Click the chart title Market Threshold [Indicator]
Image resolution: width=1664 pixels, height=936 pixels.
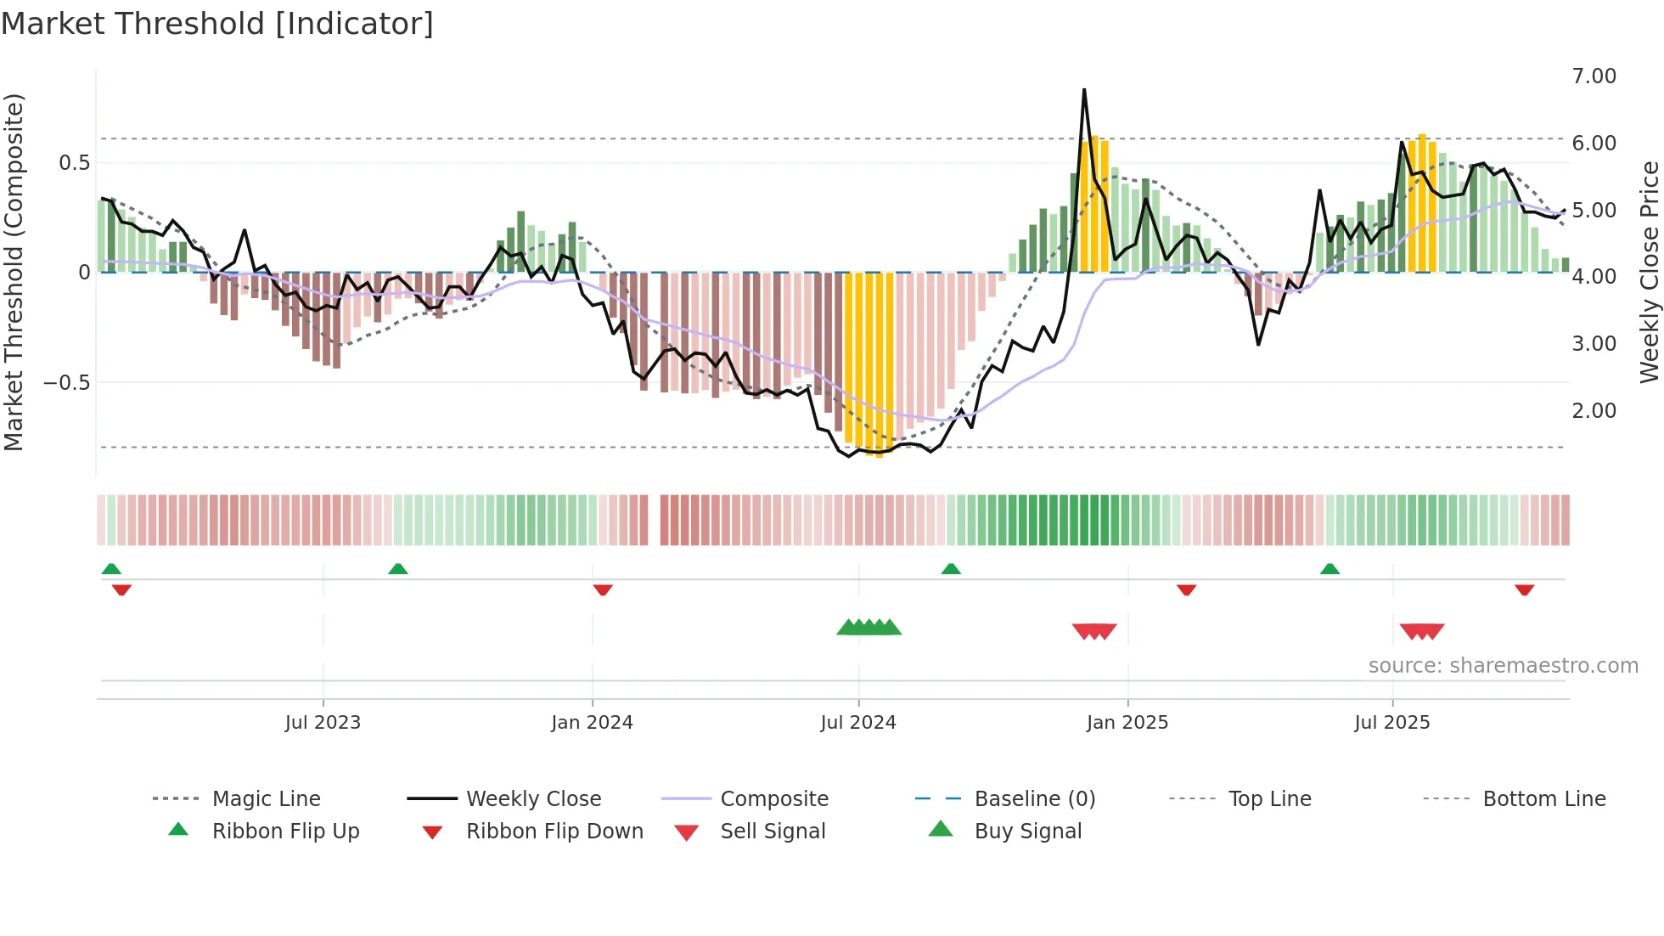(x=217, y=24)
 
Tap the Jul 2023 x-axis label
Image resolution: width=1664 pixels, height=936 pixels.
(x=323, y=723)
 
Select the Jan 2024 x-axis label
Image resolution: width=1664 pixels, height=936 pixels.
(x=592, y=723)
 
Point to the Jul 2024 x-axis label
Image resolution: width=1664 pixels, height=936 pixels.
(x=858, y=723)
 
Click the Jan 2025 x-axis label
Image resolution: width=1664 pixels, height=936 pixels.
(x=1127, y=723)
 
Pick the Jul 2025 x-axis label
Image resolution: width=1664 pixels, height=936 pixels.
(x=1392, y=723)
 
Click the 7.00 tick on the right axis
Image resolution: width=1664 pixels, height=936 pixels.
(x=1594, y=76)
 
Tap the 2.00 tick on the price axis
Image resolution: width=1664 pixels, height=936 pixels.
(x=1594, y=411)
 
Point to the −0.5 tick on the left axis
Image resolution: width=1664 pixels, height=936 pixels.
(x=67, y=383)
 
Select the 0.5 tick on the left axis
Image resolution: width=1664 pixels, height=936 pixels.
(x=74, y=163)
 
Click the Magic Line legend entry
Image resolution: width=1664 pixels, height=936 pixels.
(x=266, y=799)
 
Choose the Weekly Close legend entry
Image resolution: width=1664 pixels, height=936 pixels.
(x=533, y=799)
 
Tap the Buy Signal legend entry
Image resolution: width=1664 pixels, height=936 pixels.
(x=1027, y=832)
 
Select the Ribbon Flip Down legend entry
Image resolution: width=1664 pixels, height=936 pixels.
(x=554, y=832)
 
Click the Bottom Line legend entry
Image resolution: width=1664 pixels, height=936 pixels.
(x=1543, y=799)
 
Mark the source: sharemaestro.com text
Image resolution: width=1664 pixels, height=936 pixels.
(x=1503, y=666)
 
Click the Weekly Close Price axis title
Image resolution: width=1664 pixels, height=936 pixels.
(x=1649, y=272)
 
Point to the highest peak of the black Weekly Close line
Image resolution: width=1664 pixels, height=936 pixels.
(x=1084, y=90)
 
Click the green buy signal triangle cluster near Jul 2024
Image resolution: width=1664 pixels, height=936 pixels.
(x=869, y=629)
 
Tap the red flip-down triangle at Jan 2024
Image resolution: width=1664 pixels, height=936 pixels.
(x=603, y=589)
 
